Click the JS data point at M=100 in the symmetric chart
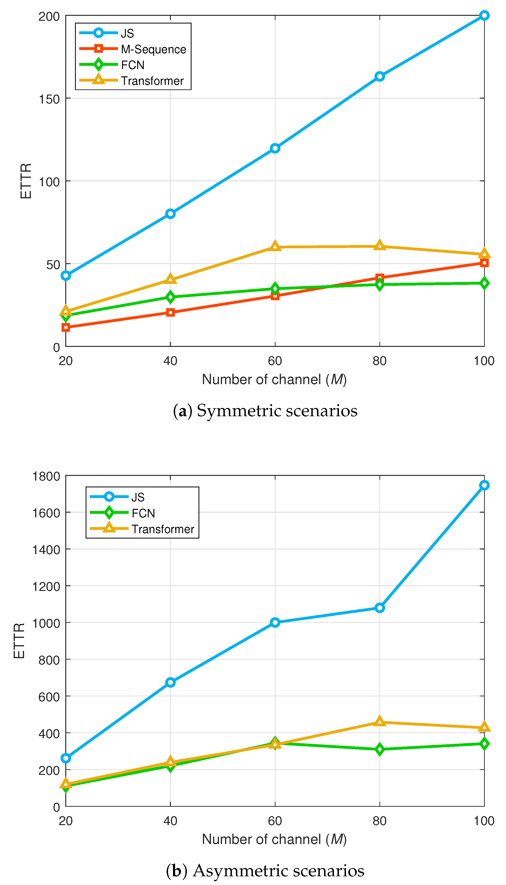[484, 15]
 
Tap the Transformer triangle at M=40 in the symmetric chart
[170, 279]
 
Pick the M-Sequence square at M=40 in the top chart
[170, 312]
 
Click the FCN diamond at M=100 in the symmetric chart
[484, 283]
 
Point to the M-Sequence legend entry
[153, 49]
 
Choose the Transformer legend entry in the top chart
[152, 81]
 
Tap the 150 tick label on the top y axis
[49, 99]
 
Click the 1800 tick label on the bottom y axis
[46, 476]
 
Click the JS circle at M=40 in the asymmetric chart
[170, 682]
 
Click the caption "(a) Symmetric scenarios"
[265, 411]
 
